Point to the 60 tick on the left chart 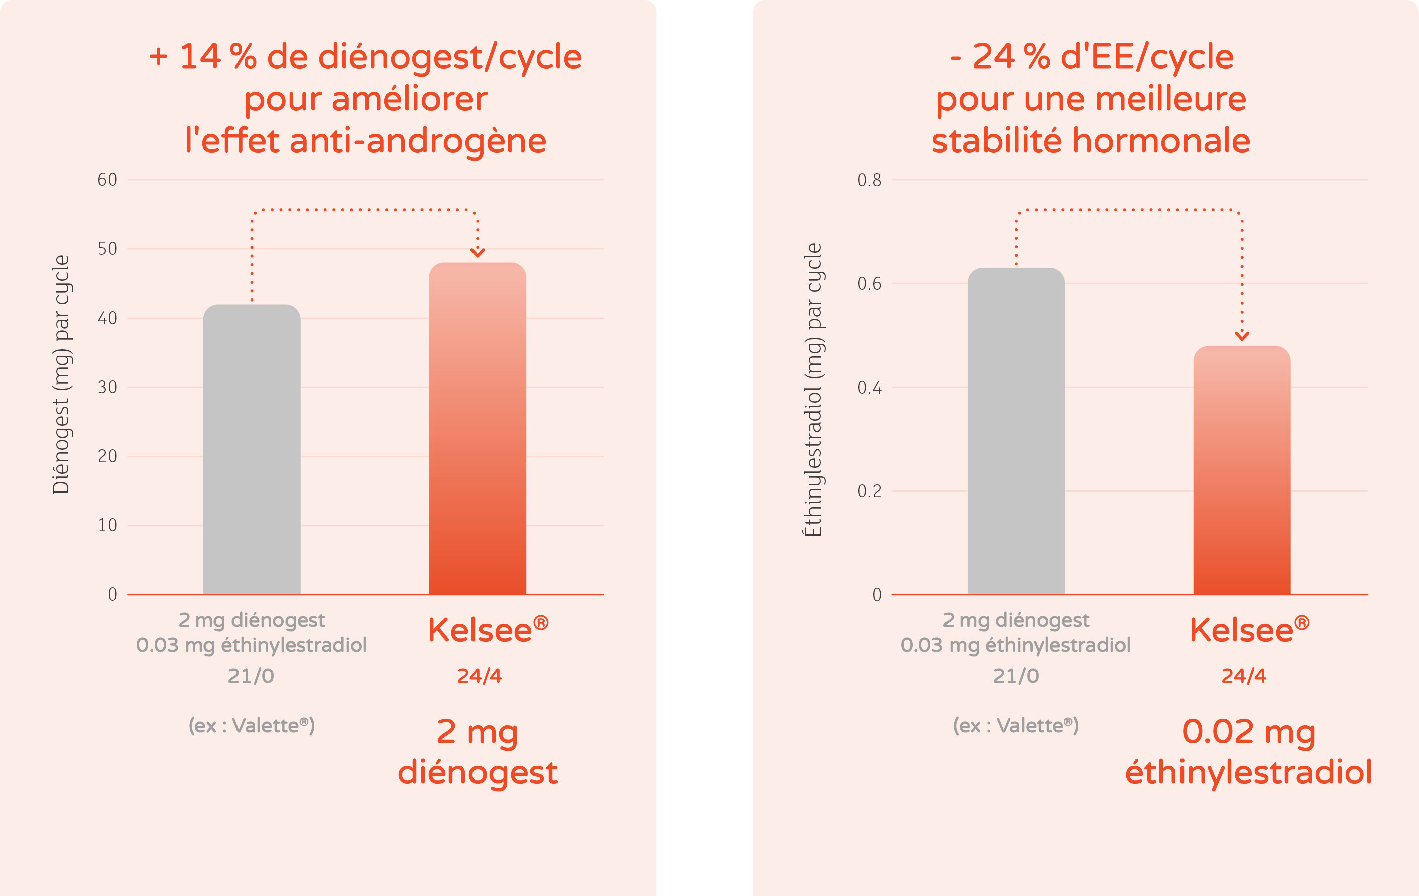[107, 180]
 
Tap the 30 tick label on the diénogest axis [107, 388]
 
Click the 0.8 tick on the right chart [869, 180]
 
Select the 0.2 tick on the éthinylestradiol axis [869, 491]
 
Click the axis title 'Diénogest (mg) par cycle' [61, 375]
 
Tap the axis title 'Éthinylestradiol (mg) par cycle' [813, 390]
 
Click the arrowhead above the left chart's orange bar [478, 253]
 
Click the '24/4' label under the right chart [1244, 676]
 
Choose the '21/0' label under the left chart [251, 676]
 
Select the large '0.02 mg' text [1248, 732]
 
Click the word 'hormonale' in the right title [1161, 141]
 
